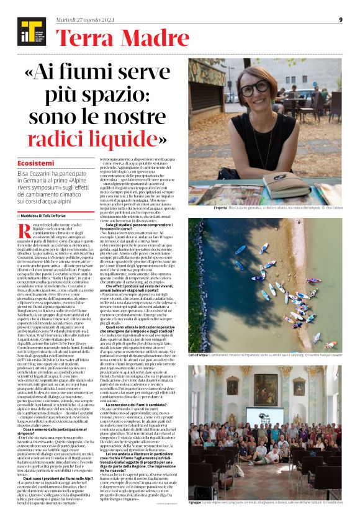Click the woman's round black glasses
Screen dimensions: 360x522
(x=254, y=88)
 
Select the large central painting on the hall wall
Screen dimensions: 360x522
(x=265, y=389)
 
